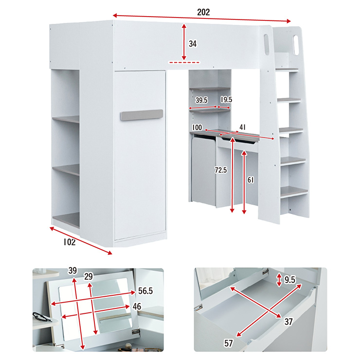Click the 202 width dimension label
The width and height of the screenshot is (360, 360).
coord(203,12)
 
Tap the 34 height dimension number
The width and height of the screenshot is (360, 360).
coord(193,44)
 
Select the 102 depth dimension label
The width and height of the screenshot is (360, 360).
coord(70,242)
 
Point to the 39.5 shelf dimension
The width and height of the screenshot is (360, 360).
coord(201,100)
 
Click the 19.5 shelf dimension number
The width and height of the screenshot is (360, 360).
coord(226,99)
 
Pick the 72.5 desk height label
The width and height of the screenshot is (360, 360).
coord(221,170)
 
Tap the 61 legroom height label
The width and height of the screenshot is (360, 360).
coord(251,180)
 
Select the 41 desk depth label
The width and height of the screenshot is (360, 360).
coord(243,127)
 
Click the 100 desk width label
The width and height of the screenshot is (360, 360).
coord(197,127)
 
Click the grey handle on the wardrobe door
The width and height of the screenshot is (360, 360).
coord(142,115)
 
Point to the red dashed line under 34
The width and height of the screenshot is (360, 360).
coord(184,62)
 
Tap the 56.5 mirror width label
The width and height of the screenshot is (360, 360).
coord(145,291)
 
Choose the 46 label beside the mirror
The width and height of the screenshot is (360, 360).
coord(137,306)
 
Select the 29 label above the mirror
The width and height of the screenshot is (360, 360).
coord(89,277)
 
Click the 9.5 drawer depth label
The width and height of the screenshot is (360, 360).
coord(290,280)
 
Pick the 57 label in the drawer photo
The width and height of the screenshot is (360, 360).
coord(229,343)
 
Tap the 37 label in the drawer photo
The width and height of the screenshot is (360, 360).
coord(288,322)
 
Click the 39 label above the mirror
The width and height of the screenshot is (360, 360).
coord(72,270)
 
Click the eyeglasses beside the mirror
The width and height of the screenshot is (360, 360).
coord(42,317)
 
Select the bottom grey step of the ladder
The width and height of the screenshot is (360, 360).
coord(294,192)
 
